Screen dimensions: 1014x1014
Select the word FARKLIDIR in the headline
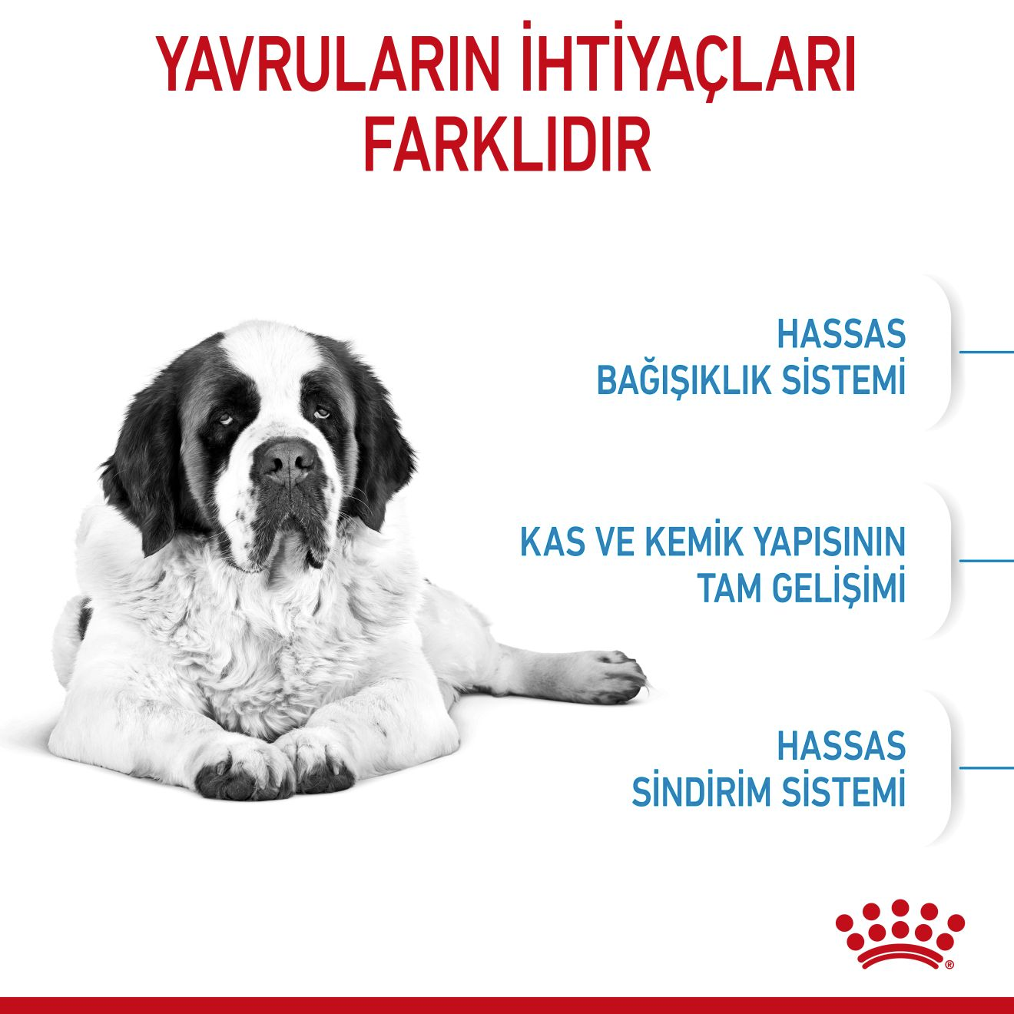coord(507,144)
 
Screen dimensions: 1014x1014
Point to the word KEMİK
coord(685,542)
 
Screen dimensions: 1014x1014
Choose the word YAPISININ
coord(828,542)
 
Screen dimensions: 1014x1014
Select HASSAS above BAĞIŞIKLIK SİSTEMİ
coord(841,335)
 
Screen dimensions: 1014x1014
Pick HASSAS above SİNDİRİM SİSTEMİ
coord(841,746)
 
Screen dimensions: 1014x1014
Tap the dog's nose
coord(286,462)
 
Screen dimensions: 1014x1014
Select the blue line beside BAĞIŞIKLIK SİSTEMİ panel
coord(986,352)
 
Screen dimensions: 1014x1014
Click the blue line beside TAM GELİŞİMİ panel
coord(986,560)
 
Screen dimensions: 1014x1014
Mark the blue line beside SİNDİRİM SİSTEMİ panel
coord(986,767)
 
